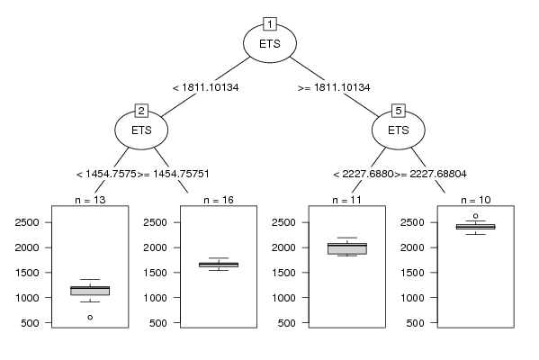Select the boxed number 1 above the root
pyautogui.click(x=270, y=24)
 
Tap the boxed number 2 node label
pyautogui.click(x=141, y=111)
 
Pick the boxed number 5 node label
pyautogui.click(x=399, y=111)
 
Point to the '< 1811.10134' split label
pyautogui.click(x=205, y=87)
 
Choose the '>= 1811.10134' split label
pyautogui.click(x=334, y=87)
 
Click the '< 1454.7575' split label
pyautogui.click(x=106, y=174)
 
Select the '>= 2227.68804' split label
pyautogui.click(x=430, y=174)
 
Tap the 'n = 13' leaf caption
pyautogui.click(x=90, y=200)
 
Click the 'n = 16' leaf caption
pyautogui.click(x=219, y=200)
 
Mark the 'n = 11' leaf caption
pyautogui.click(x=346, y=200)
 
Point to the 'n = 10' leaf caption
pyautogui.click(x=475, y=200)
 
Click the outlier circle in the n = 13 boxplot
pyautogui.click(x=90, y=318)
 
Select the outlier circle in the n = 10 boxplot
pyautogui.click(x=475, y=216)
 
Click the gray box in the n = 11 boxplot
pyautogui.click(x=347, y=248)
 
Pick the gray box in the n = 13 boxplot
pyautogui.click(x=90, y=291)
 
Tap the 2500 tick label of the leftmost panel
pyautogui.click(x=27, y=222)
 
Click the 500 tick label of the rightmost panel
pyautogui.click(x=415, y=323)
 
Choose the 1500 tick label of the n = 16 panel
pyautogui.click(x=156, y=273)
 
